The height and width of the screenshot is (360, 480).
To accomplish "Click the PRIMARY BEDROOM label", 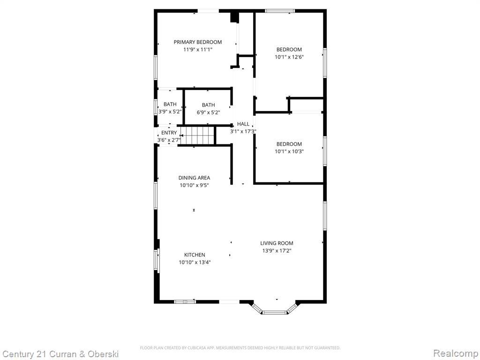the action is pyautogui.click(x=198, y=42).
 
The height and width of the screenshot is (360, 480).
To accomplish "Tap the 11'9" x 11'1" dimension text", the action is pyautogui.click(x=198, y=50).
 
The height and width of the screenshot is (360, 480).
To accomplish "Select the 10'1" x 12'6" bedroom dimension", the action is pyautogui.click(x=289, y=57).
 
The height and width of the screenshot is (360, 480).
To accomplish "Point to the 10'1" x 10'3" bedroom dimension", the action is pyautogui.click(x=289, y=151).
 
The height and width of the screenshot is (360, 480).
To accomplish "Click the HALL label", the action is pyautogui.click(x=243, y=124).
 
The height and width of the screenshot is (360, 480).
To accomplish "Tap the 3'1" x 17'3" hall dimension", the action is pyautogui.click(x=243, y=132).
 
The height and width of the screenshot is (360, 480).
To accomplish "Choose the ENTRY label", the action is pyautogui.click(x=169, y=133).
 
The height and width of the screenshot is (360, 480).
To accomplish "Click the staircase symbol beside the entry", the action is pyautogui.click(x=197, y=135).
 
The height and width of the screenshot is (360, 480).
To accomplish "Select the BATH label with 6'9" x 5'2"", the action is pyautogui.click(x=209, y=105).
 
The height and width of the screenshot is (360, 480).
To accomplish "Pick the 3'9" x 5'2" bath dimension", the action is pyautogui.click(x=170, y=112).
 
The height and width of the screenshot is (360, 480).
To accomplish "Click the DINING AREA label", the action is pyautogui.click(x=195, y=178).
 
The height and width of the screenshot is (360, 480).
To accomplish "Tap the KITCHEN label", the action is pyautogui.click(x=195, y=255).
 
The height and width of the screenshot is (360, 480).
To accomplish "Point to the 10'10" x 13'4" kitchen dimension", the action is pyautogui.click(x=195, y=262).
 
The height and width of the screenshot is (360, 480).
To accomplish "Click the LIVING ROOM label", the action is pyautogui.click(x=277, y=243).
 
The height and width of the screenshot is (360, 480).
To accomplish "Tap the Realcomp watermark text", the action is pyautogui.click(x=456, y=353).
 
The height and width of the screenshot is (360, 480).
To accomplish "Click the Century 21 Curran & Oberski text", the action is pyautogui.click(x=60, y=354).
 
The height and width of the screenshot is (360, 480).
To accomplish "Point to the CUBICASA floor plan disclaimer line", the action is pyautogui.click(x=240, y=348).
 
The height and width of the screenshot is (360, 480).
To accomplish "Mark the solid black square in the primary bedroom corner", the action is pyautogui.click(x=234, y=17).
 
